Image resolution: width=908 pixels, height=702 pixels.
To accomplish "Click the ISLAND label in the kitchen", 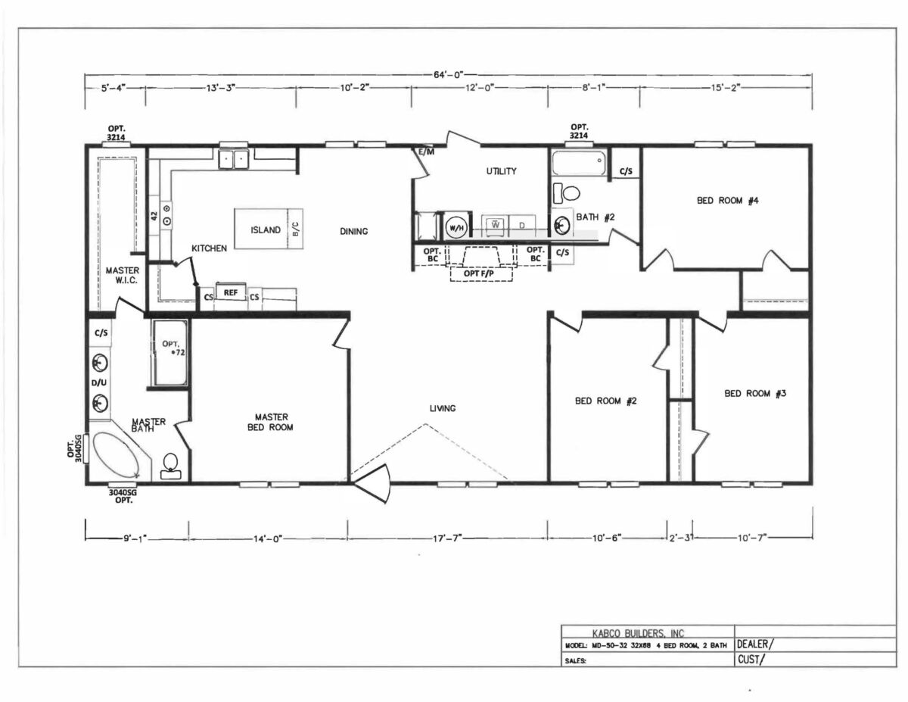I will point(266,230).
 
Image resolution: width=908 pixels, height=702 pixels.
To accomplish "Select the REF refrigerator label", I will point(231,292).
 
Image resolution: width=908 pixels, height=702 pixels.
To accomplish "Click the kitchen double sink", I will point(234,159).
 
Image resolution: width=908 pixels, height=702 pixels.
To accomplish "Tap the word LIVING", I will point(443,409).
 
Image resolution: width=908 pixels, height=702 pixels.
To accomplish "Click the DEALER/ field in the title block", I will point(755,644).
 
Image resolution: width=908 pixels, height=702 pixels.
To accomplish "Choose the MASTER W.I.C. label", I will point(122,274).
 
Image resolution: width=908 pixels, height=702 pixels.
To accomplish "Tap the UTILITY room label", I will point(502,171).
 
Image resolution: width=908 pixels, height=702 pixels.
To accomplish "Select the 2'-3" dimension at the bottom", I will point(679,538).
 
